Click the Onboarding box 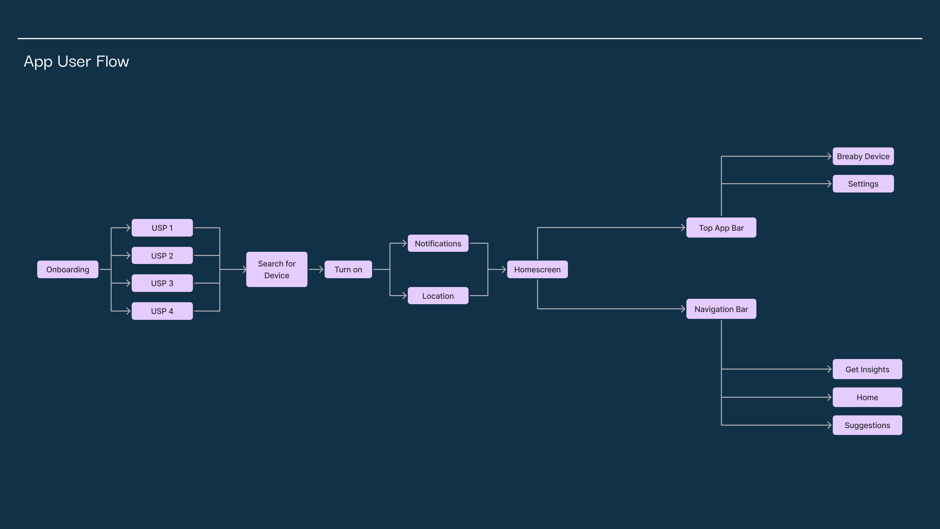point(68,269)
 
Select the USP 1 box point(162,228)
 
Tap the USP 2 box point(162,256)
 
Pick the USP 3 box point(162,283)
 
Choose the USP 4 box point(162,311)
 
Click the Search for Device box point(277,269)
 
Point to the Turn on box point(348,269)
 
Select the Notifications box point(438,244)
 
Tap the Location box point(438,296)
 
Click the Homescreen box point(537,269)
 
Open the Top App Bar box point(721,228)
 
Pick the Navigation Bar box point(721,309)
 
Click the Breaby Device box point(863,156)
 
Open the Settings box point(863,184)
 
